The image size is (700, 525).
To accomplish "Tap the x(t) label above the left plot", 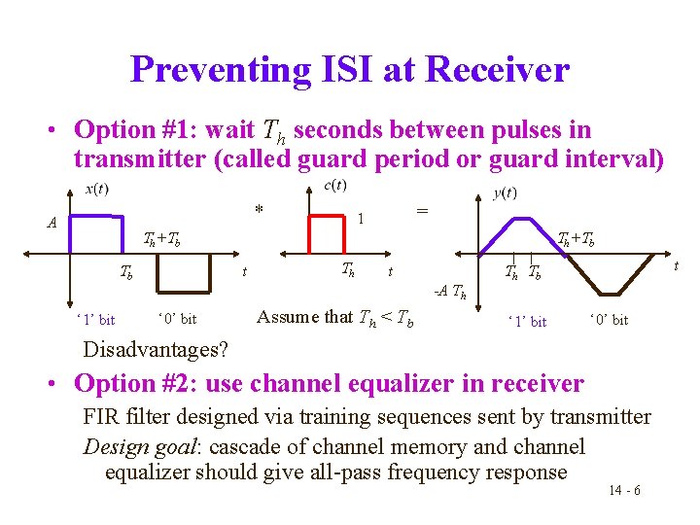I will coord(96,189).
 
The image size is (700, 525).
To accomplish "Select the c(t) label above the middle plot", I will coord(334,186).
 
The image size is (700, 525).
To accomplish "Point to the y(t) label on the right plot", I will coord(505,193).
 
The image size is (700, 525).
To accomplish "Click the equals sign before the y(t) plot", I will coord(421,211).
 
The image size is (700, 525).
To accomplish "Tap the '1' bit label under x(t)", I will coord(94,319).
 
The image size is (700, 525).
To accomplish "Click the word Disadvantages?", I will coord(156,349).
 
